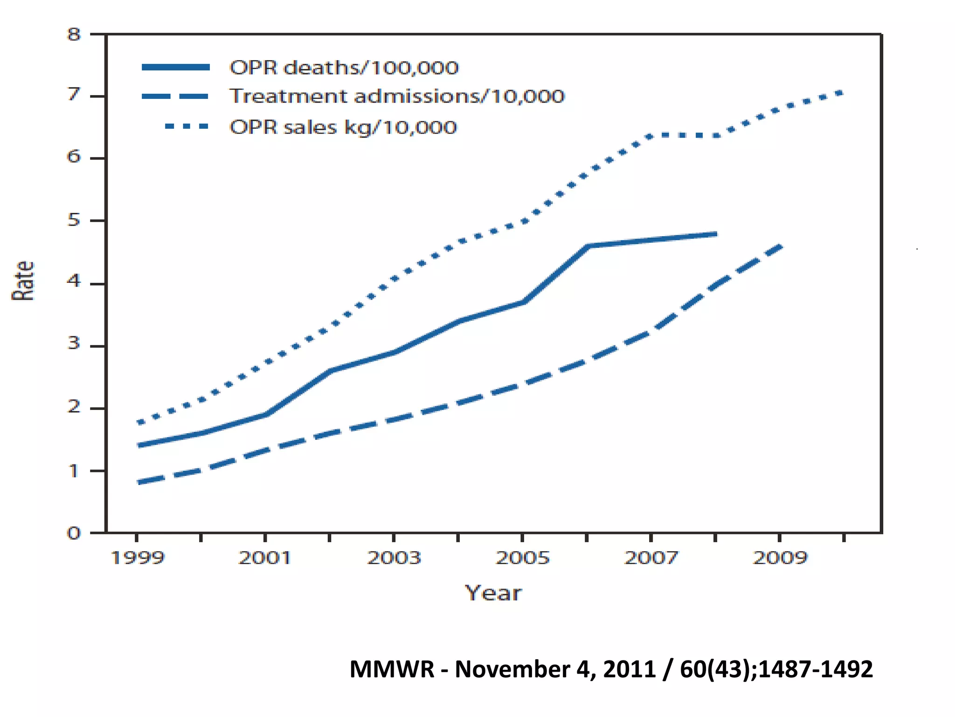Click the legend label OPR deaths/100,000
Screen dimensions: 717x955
344,68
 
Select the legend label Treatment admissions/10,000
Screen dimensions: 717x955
397,97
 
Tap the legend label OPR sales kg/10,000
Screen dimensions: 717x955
343,127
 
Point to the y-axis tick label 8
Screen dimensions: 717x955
74,35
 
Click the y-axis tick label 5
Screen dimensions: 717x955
74,220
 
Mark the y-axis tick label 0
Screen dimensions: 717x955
74,533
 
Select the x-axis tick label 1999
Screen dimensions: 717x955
138,558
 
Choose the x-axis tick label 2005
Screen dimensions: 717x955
523,558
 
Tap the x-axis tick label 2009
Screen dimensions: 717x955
780,558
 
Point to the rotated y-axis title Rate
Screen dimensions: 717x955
23,281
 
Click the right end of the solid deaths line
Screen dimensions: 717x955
715,234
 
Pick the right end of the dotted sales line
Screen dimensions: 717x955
842,92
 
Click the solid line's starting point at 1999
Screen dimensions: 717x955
138,445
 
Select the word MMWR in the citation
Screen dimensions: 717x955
392,669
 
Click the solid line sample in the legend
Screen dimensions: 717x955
176,68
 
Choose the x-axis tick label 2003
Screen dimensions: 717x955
394,558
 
